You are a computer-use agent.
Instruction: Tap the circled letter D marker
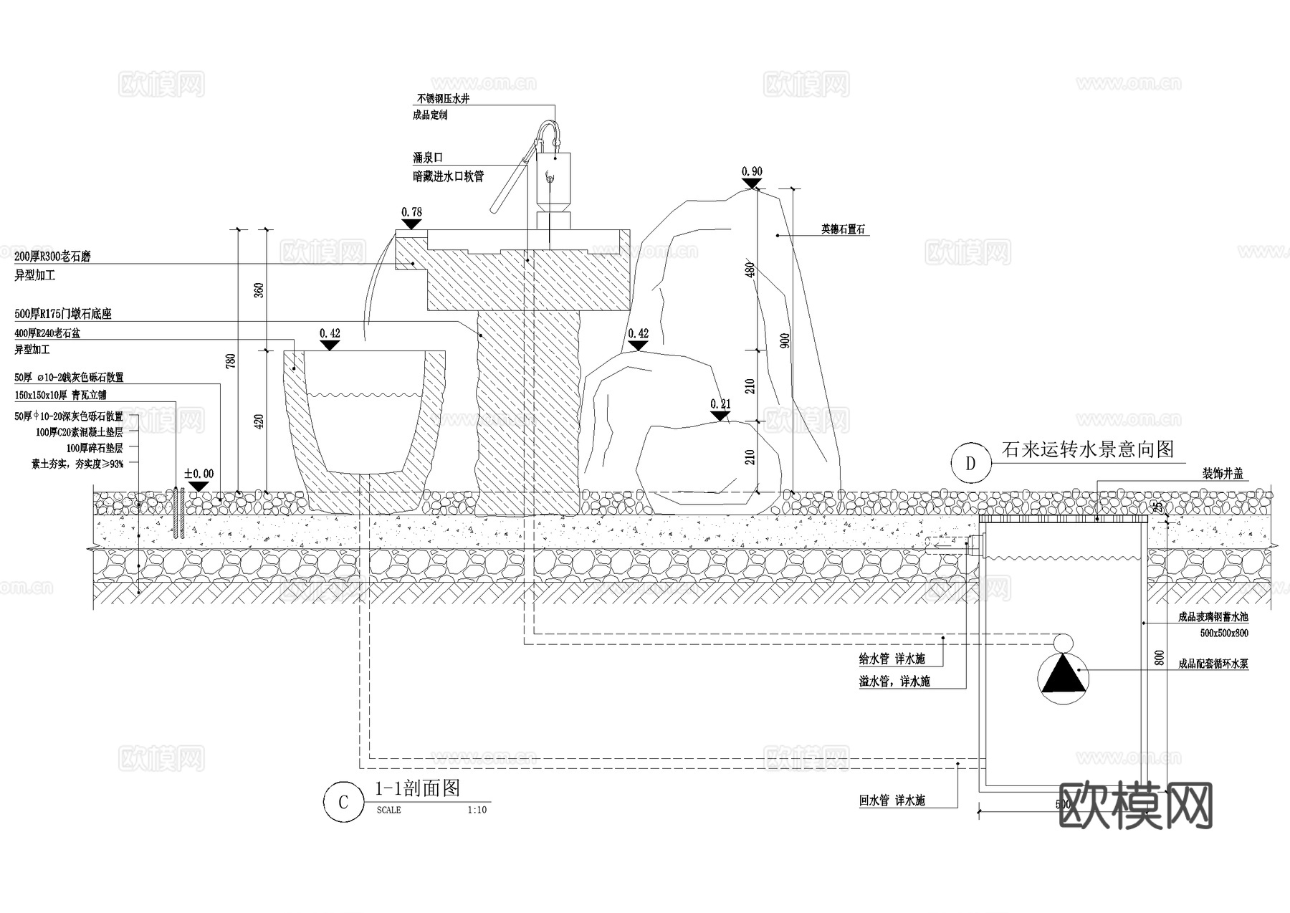(x=970, y=463)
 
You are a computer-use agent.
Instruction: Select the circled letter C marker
(x=343, y=801)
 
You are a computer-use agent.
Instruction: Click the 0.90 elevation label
(x=752, y=171)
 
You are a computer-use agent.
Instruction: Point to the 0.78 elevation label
(x=411, y=212)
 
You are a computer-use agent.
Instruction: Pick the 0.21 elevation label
(x=720, y=404)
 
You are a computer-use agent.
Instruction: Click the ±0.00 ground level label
(x=199, y=474)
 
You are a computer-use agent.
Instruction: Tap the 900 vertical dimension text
(x=785, y=340)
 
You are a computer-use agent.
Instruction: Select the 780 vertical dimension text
(x=231, y=360)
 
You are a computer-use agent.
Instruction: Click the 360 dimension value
(x=259, y=290)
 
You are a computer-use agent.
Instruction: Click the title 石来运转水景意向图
(x=1087, y=450)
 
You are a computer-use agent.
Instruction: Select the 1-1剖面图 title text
(x=417, y=788)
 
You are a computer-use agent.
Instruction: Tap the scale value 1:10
(x=477, y=811)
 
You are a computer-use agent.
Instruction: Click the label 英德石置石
(x=844, y=230)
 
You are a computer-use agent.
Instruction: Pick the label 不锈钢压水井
(x=443, y=99)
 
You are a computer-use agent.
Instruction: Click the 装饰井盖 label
(x=1223, y=474)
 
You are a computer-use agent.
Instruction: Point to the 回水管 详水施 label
(x=892, y=800)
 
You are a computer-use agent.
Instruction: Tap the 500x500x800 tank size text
(x=1224, y=633)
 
